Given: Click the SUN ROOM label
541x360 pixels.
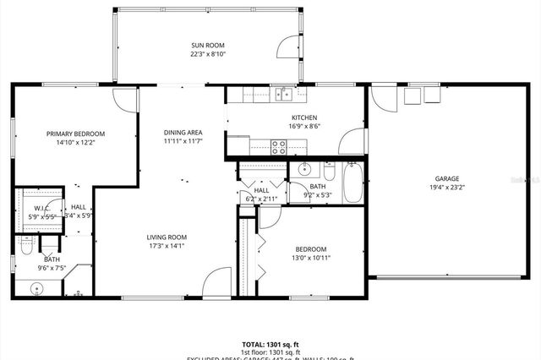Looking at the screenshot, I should (x=208, y=46).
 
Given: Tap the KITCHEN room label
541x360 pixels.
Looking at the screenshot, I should (x=304, y=117).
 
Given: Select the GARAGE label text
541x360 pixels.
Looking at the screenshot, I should (x=447, y=179).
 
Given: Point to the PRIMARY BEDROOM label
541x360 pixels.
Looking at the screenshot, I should (x=75, y=134).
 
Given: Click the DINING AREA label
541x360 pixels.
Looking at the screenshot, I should (x=183, y=132).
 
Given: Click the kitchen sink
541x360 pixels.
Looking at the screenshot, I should (x=286, y=92).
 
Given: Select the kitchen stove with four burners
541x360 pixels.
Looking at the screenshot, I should (x=279, y=146).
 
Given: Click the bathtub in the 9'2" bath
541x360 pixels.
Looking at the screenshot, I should (x=352, y=182).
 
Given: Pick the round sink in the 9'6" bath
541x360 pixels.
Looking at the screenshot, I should (x=37, y=288).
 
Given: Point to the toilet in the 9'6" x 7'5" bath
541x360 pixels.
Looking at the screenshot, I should (x=25, y=246).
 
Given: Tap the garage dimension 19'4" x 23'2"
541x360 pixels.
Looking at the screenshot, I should (x=446, y=189).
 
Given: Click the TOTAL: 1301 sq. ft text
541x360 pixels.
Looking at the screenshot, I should (x=270, y=345).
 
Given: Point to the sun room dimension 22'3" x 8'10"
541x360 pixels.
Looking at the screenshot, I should (x=208, y=55).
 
